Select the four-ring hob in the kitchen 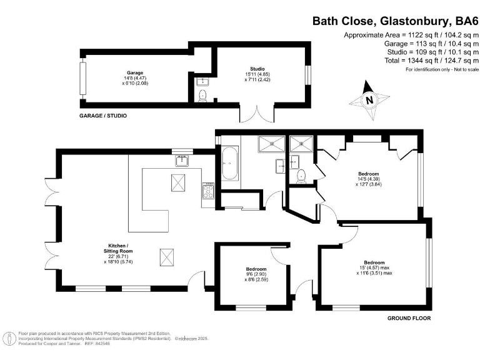click(208, 190)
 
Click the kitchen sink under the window click(182, 161)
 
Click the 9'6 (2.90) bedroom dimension click(256, 274)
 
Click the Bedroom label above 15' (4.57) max click(374, 262)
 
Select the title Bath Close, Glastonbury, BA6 click(394, 21)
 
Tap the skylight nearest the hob click(177, 183)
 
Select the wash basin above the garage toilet click(201, 82)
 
